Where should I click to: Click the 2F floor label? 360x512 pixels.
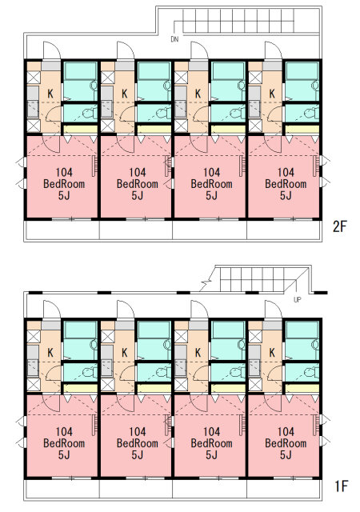tap(340, 226)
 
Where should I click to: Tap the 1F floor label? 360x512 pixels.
tap(341, 486)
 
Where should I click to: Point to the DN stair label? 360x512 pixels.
tap(174, 39)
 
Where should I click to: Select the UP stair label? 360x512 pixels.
tap(297, 299)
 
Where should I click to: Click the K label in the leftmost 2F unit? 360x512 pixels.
tap(50, 94)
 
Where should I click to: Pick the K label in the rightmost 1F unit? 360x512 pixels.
tap(272, 353)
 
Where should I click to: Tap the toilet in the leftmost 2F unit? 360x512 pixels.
tap(89, 114)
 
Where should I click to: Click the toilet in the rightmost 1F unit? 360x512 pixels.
tap(310, 372)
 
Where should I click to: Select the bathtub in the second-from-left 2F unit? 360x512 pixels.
tap(154, 71)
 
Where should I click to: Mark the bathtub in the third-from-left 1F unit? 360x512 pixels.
tap(228, 330)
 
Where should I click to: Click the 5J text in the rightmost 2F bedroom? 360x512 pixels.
tap(286, 195)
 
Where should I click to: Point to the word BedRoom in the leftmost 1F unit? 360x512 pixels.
tap(64, 443)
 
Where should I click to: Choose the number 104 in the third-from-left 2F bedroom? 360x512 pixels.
tap(212, 172)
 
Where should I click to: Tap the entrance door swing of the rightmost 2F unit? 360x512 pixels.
tap(274, 50)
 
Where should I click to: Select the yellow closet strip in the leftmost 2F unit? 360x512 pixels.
tap(80, 130)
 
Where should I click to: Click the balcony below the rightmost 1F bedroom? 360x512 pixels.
tap(283, 489)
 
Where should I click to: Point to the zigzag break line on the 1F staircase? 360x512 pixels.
tap(205, 286)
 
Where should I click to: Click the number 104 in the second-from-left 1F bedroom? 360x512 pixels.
tap(138, 431)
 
